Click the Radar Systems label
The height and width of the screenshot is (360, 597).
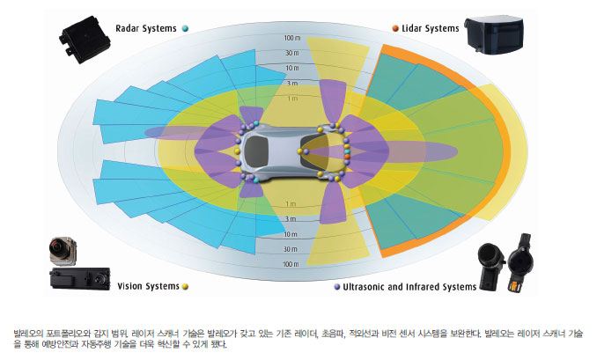146,28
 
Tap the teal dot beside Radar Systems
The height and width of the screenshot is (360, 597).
185,28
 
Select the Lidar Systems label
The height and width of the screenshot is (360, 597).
431,28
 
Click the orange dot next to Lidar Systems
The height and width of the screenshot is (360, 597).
395,28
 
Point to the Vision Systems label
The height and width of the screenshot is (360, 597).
148,286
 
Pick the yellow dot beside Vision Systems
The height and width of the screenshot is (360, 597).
185,287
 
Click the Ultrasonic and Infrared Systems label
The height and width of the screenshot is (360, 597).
409,287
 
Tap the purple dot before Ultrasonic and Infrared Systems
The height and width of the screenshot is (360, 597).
337,287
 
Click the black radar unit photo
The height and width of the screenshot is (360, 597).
85,40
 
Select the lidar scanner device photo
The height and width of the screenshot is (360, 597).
495,35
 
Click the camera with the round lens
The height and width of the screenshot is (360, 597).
63,251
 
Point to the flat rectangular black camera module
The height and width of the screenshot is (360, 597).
79,278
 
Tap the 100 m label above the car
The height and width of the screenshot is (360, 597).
292,38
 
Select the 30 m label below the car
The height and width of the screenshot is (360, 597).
290,249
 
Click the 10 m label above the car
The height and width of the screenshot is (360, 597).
292,68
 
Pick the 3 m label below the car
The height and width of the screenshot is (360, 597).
291,219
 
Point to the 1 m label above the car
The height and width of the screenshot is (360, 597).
292,99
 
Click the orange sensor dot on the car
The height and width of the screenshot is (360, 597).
347,157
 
